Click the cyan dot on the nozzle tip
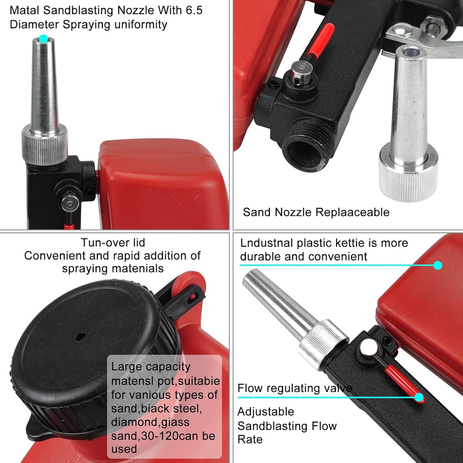click(43, 39)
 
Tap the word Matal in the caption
click(25, 10)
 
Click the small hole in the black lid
click(80, 337)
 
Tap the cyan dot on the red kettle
click(438, 265)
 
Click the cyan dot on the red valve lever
click(419, 398)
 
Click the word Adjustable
click(266, 412)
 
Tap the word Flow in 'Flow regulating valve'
click(250, 388)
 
